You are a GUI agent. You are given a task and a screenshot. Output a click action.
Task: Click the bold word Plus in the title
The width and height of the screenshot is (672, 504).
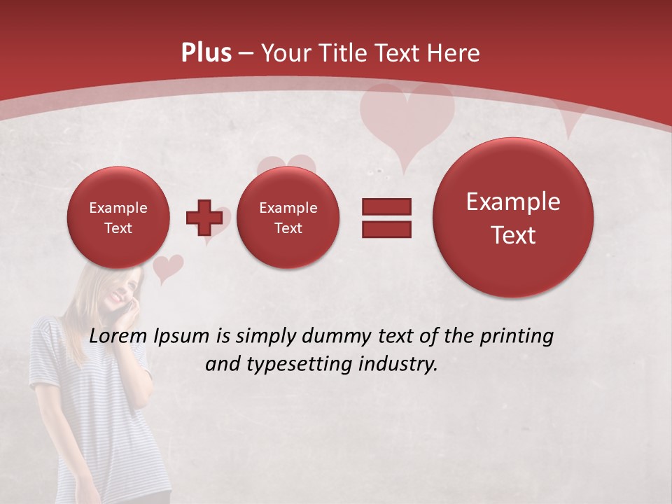pos(206,53)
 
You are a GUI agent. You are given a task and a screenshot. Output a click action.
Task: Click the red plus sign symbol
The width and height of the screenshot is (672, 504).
pos(204,217)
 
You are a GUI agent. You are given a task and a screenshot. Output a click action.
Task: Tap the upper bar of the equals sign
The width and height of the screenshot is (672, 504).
pos(386,206)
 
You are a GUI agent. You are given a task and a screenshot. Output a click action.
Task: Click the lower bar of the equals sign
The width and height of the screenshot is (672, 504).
pos(386,228)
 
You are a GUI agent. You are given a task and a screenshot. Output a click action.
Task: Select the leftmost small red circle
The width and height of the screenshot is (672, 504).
pos(118,218)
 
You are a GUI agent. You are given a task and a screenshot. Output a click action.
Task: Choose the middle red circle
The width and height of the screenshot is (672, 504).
pos(288,218)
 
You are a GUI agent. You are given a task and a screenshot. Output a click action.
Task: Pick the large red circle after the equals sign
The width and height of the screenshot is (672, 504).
pos(513,218)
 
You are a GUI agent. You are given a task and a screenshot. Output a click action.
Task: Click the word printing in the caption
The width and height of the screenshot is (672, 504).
pos(517,337)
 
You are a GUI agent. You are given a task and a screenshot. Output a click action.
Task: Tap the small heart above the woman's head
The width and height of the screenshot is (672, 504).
pos(167,267)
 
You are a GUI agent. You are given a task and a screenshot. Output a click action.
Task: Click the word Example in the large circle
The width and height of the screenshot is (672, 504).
pos(513,202)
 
